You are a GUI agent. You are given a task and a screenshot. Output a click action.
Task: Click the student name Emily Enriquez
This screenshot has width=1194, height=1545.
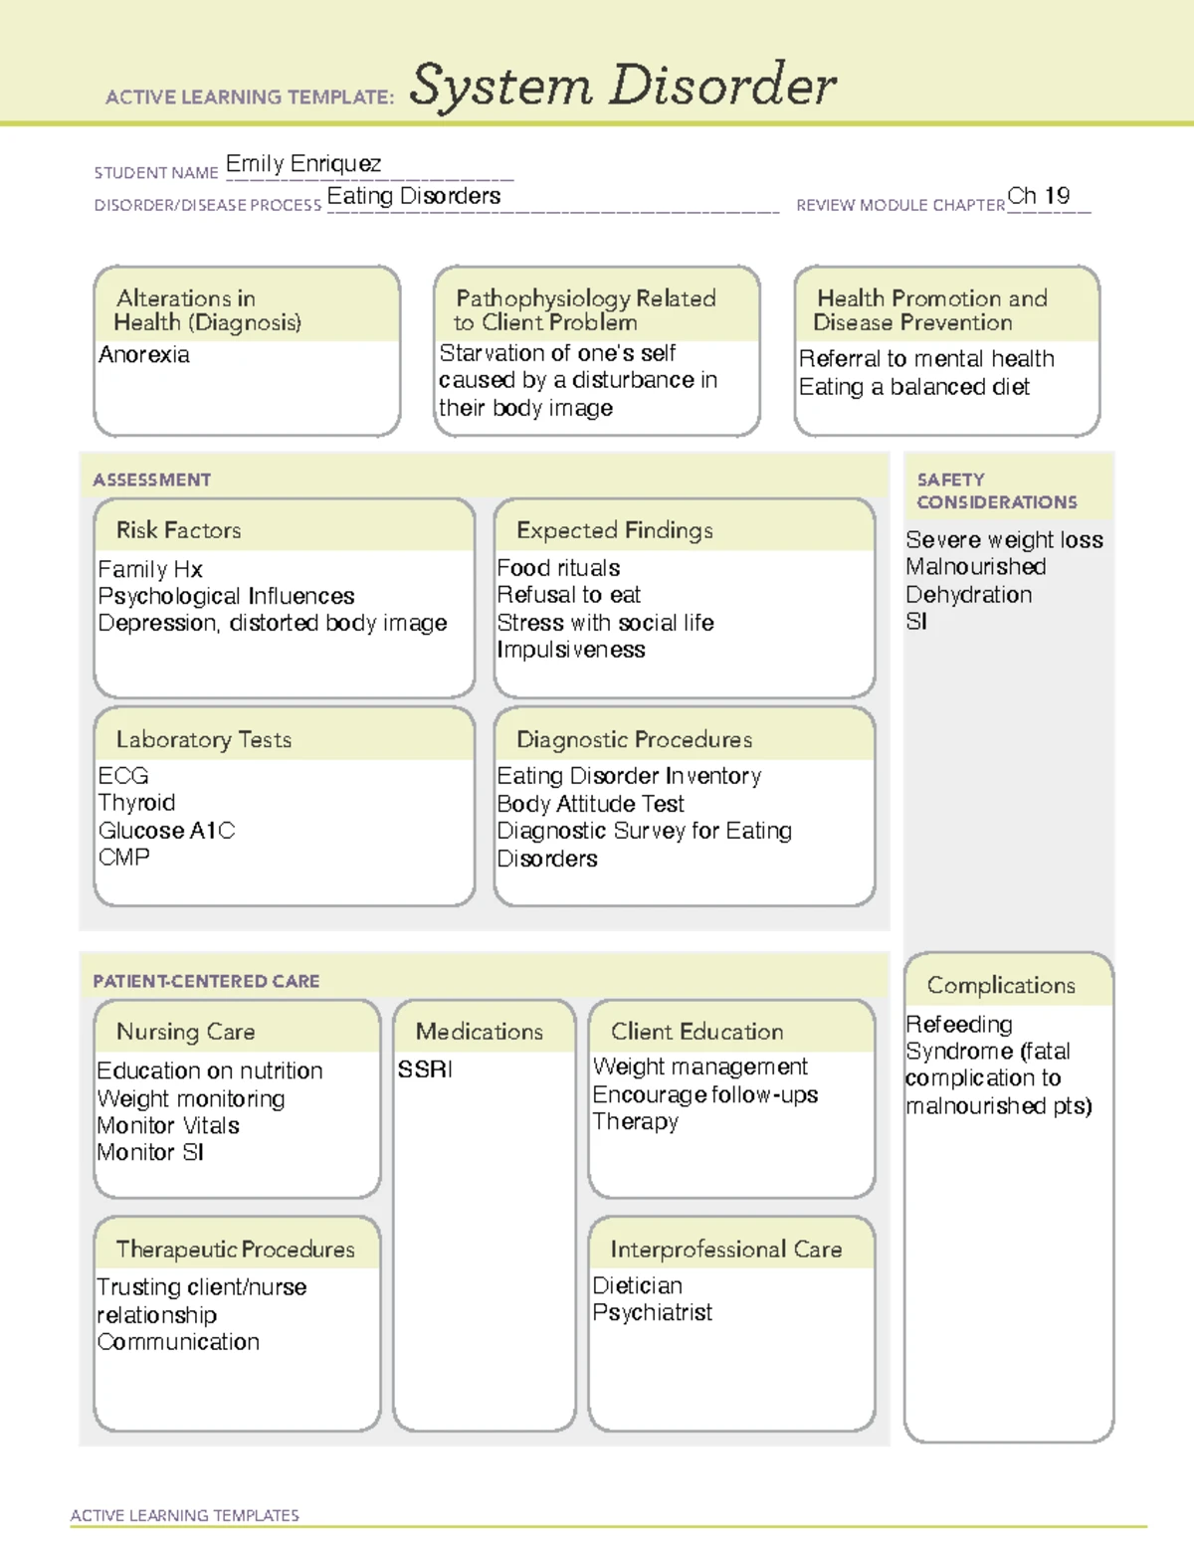tap(303, 164)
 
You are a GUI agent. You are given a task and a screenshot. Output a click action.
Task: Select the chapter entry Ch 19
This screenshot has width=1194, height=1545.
tap(1038, 196)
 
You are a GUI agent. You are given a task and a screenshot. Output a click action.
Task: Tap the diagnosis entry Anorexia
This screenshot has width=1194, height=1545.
tap(144, 355)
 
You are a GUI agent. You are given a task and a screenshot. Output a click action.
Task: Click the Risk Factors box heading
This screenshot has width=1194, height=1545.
tap(179, 530)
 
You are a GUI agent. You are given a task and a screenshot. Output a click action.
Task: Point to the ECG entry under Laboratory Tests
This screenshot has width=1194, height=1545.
tap(123, 776)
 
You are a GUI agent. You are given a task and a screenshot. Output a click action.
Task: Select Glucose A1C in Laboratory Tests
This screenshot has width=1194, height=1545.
tap(166, 831)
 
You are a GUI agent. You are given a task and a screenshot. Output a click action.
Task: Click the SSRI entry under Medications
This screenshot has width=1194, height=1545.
tap(425, 1069)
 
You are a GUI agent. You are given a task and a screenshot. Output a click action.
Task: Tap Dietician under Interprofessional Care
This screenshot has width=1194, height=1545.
tap(637, 1285)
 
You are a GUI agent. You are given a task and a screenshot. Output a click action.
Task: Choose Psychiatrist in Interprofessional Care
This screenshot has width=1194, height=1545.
tap(652, 1313)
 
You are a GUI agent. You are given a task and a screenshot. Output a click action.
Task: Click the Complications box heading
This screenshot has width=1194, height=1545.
tap(1001, 985)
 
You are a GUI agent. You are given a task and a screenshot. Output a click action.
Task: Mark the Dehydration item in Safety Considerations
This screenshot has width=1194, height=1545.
tap(968, 595)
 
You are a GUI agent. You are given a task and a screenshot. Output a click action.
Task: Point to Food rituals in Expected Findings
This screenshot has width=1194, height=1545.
tap(558, 568)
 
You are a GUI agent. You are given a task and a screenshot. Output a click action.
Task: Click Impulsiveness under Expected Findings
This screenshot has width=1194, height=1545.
tap(571, 650)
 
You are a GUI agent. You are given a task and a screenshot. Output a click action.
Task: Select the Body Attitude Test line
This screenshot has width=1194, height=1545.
tap(590, 804)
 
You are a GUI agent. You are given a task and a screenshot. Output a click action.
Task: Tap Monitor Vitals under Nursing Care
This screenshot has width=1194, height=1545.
tap(168, 1126)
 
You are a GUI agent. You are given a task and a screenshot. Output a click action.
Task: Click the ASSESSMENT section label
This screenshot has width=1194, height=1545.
tap(152, 480)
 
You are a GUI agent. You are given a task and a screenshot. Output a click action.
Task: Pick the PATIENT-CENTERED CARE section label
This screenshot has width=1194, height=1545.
tap(206, 981)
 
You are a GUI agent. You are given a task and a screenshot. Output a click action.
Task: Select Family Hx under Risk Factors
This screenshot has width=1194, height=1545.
tap(150, 569)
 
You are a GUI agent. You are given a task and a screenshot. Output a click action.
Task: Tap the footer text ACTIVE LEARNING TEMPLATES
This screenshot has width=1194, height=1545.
tap(185, 1515)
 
